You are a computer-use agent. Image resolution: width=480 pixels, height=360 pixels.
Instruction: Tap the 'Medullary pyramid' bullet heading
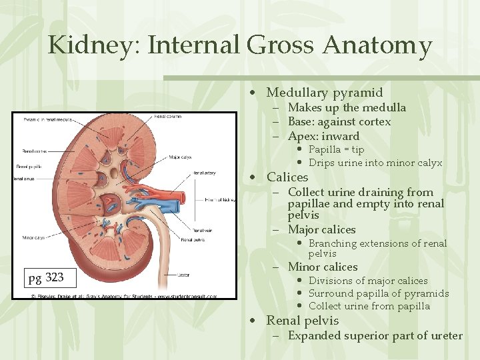325,93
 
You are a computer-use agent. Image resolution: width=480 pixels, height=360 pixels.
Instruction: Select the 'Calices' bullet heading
287,177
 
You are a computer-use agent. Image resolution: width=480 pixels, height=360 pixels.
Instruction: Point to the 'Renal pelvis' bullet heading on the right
303,321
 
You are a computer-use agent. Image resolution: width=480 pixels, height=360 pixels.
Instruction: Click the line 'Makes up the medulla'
347,107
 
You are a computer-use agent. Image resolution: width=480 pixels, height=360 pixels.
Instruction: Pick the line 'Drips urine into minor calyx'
375,163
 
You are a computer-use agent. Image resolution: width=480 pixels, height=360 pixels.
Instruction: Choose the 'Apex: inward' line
323,136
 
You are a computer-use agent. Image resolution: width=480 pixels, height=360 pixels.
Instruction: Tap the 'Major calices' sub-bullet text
322,229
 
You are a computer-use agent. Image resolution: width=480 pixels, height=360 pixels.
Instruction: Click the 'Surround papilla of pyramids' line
379,293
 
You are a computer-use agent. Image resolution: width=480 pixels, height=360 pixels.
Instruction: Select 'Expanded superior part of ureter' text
375,335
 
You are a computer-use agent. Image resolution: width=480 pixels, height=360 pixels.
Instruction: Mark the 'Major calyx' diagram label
181,158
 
